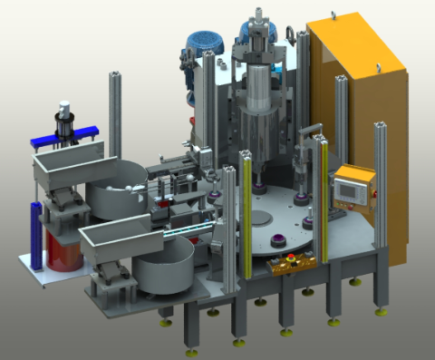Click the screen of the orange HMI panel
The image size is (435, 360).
pos(350,189)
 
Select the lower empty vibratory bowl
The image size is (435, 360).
pos(163,268)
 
